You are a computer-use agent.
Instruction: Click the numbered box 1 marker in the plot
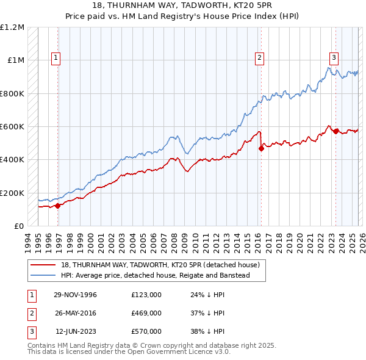pos(56,58)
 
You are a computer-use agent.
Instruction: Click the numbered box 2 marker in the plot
pos(259,58)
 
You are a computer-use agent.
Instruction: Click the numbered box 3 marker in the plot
pos(334,58)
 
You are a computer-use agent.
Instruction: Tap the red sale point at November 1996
pos(58,206)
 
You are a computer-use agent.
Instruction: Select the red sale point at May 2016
pos(261,148)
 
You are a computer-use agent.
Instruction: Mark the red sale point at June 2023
pos(335,131)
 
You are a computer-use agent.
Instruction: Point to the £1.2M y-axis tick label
pos(12,27)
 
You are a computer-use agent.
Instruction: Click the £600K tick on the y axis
pos(12,127)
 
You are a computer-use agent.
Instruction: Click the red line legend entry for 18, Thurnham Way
pos(160,265)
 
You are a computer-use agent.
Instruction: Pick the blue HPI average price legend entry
pos(163,276)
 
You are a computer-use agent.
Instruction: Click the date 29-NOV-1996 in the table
pos(75,295)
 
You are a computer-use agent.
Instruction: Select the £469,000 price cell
pos(146,313)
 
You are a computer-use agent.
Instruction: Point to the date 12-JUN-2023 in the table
pos(76,331)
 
